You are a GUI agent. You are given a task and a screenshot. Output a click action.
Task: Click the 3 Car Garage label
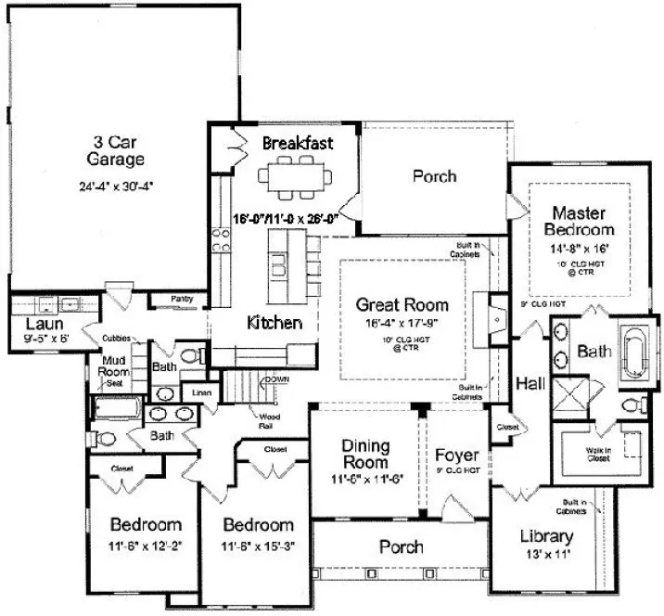click(115, 150)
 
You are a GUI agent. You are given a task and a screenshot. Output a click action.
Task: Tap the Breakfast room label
click(297, 143)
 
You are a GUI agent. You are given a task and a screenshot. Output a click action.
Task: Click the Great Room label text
click(402, 304)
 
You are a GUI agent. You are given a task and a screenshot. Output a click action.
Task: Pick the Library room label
click(547, 537)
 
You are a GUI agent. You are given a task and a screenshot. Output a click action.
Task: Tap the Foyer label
click(457, 456)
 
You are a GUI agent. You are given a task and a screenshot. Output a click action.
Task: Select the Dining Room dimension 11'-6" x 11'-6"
click(364, 480)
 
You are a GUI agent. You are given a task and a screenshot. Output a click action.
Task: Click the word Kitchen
click(275, 323)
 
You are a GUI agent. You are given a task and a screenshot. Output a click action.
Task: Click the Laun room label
click(44, 324)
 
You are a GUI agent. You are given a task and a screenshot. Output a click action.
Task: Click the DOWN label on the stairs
click(276, 379)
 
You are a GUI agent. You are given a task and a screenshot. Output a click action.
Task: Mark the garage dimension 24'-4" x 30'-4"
click(115, 185)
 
